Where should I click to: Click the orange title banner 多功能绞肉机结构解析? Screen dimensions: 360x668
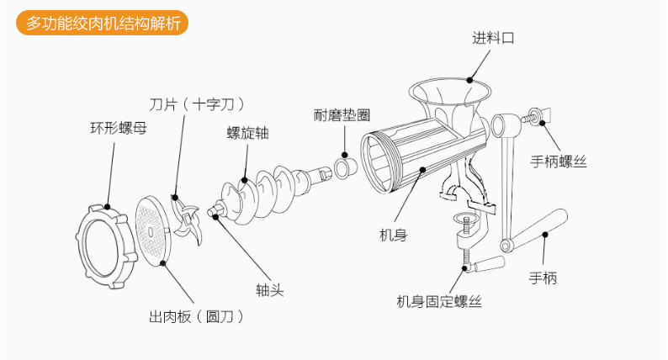pyautogui.click(x=102, y=24)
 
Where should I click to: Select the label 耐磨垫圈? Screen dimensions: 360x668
pyautogui.click(x=342, y=114)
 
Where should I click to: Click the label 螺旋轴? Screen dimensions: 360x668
pyautogui.click(x=247, y=132)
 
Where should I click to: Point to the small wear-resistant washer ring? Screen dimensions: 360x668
pyautogui.click(x=345, y=167)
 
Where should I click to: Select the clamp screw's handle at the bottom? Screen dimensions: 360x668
pyautogui.click(x=489, y=265)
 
